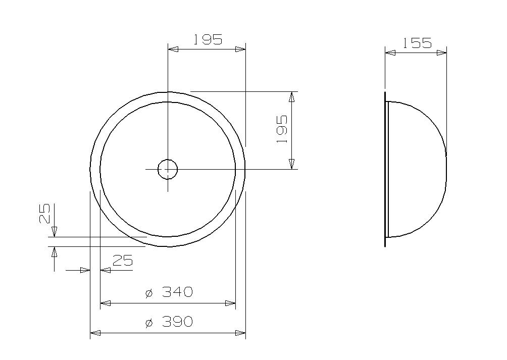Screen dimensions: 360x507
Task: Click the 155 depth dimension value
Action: point(417,43)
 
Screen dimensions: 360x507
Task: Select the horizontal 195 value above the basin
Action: point(208,39)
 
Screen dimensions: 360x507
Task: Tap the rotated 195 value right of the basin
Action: point(282,129)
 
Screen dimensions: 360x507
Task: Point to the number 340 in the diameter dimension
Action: point(177,292)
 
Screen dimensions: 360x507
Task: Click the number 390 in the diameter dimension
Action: point(177,322)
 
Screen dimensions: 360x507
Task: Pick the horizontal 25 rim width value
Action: point(123,261)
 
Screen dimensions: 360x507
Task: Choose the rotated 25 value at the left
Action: point(45,213)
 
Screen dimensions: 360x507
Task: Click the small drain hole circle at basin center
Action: point(168,169)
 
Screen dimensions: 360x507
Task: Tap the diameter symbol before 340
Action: point(148,293)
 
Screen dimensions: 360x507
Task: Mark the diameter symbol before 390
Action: point(148,323)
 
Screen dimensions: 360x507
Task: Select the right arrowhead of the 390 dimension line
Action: point(241,333)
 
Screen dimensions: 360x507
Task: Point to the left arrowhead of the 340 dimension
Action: point(105,303)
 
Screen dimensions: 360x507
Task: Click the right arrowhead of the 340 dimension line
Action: point(230,303)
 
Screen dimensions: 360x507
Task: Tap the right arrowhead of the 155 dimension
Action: point(442,52)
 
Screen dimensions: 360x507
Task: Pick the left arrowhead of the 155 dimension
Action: point(390,52)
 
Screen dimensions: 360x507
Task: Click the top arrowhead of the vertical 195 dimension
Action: point(291,96)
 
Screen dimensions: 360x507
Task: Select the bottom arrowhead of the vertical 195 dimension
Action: point(291,164)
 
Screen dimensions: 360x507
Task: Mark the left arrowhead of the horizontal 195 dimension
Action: point(173,49)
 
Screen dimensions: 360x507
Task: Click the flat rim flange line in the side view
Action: point(385,169)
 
